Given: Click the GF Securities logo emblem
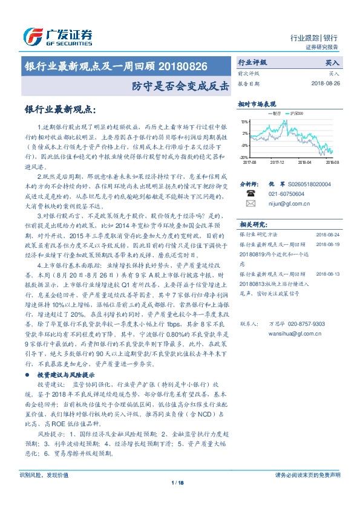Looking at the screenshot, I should (x=30, y=36).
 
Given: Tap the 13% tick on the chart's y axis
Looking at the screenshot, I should (x=244, y=121).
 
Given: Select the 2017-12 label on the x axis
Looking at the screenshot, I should (x=278, y=162).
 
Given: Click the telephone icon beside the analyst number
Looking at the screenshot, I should (x=250, y=193).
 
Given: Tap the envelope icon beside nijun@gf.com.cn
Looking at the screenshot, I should (x=250, y=204).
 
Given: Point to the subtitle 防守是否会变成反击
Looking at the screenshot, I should (x=181, y=86).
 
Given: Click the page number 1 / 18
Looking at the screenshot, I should (x=178, y=482).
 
